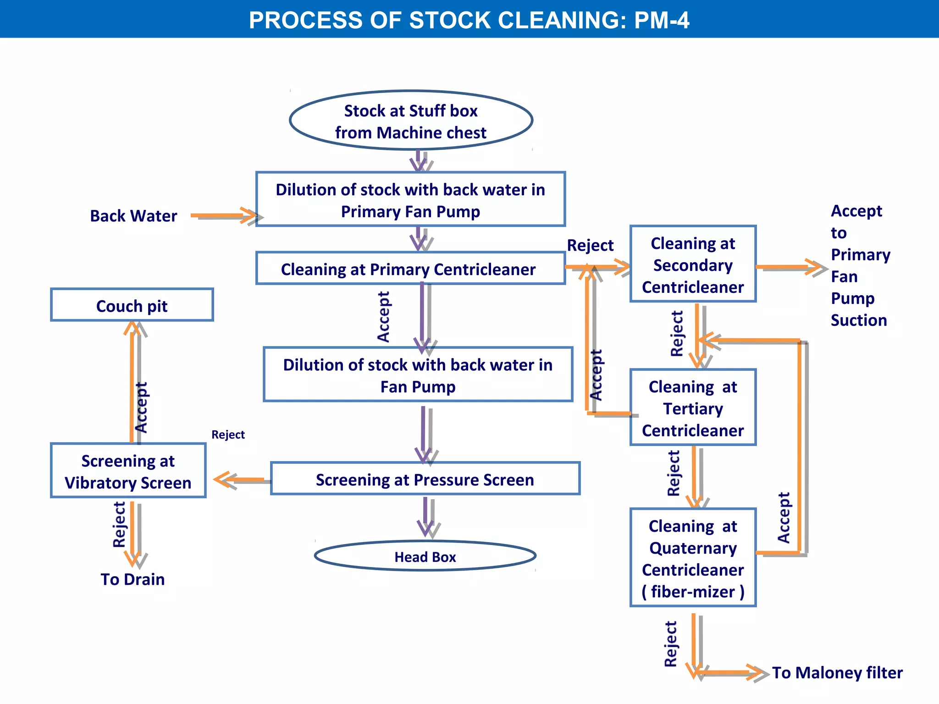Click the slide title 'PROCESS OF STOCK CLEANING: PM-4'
[469, 20]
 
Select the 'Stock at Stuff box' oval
[411, 121]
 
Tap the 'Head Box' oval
[425, 556]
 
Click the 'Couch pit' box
[132, 305]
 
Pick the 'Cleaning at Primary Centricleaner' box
[410, 269]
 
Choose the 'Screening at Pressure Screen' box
[425, 479]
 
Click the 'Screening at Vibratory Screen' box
[128, 471]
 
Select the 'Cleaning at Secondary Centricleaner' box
[692, 264]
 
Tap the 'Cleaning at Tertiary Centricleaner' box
[692, 408]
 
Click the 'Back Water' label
[133, 215]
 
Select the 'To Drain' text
[133, 579]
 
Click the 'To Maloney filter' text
[837, 672]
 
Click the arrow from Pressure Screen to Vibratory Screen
[241, 480]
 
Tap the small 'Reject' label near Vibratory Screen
[228, 434]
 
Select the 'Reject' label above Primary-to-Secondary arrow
[590, 245]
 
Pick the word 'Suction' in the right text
[858, 320]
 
